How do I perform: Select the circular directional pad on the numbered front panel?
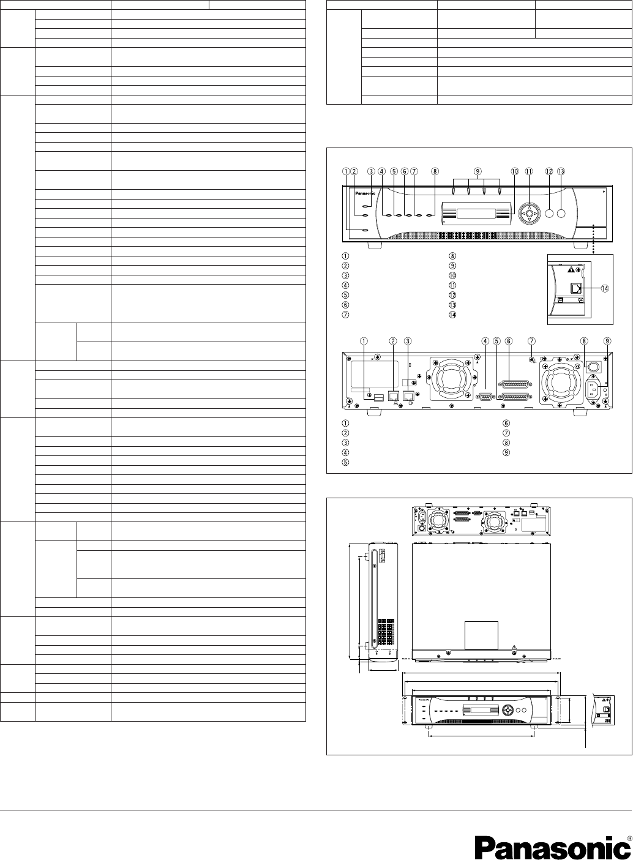point(528,214)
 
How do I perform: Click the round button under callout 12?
point(549,214)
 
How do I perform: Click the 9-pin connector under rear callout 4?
point(485,395)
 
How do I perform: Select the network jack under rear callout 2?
point(392,395)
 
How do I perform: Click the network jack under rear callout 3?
point(407,395)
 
